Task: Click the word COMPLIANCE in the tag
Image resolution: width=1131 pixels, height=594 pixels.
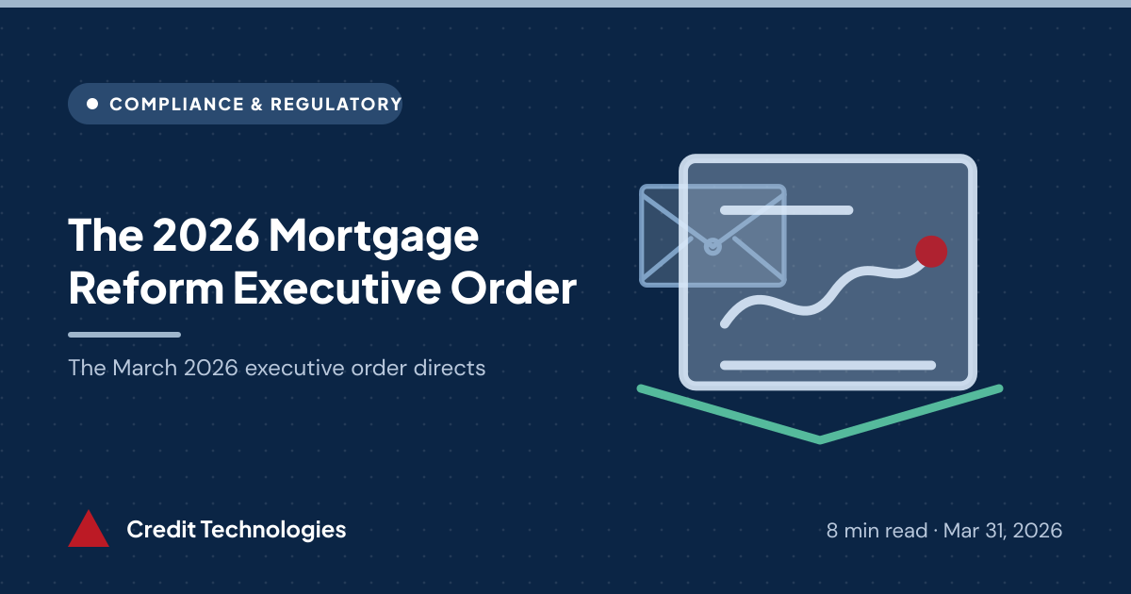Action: point(177,104)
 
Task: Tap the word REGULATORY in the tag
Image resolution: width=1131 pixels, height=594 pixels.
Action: point(336,104)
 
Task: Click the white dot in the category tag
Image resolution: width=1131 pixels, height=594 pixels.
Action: point(92,104)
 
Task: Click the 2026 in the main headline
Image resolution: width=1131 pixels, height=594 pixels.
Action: point(206,235)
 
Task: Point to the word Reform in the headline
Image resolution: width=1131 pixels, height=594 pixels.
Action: point(146,288)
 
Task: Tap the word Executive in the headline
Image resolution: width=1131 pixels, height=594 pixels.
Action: point(336,288)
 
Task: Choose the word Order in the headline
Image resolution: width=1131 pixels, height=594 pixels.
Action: point(514,288)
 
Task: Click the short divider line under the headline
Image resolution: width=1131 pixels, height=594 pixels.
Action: point(124,335)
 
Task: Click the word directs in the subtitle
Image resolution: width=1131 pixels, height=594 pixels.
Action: point(450,368)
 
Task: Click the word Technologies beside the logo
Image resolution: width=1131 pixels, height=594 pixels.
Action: point(273,530)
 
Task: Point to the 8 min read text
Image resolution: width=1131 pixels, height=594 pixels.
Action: point(877,530)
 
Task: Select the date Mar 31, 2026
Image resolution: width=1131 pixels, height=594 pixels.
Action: point(1003,530)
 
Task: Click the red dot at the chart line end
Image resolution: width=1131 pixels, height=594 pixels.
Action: point(931,252)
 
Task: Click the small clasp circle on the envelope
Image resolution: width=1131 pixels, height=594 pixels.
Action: point(713,246)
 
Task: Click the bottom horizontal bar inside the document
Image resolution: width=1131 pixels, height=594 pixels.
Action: point(828,365)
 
